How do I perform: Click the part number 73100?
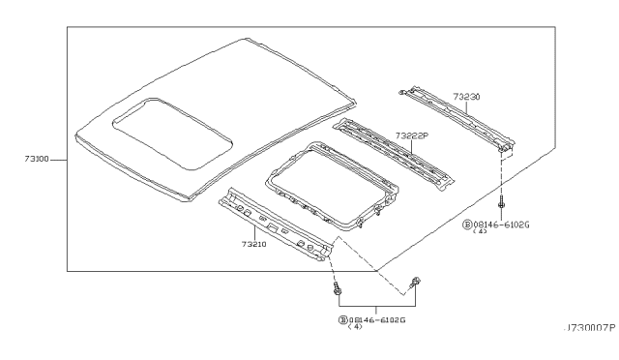[x=37, y=160]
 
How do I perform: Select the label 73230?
[x=466, y=97]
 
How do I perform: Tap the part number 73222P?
[x=412, y=135]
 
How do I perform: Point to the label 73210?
[x=253, y=244]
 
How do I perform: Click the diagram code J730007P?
[x=590, y=328]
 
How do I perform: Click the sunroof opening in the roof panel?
[x=172, y=134]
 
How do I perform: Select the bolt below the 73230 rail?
[x=502, y=201]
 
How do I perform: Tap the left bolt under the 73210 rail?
[x=338, y=288]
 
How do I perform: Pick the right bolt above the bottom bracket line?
[x=415, y=283]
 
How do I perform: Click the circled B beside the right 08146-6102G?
[x=467, y=225]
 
